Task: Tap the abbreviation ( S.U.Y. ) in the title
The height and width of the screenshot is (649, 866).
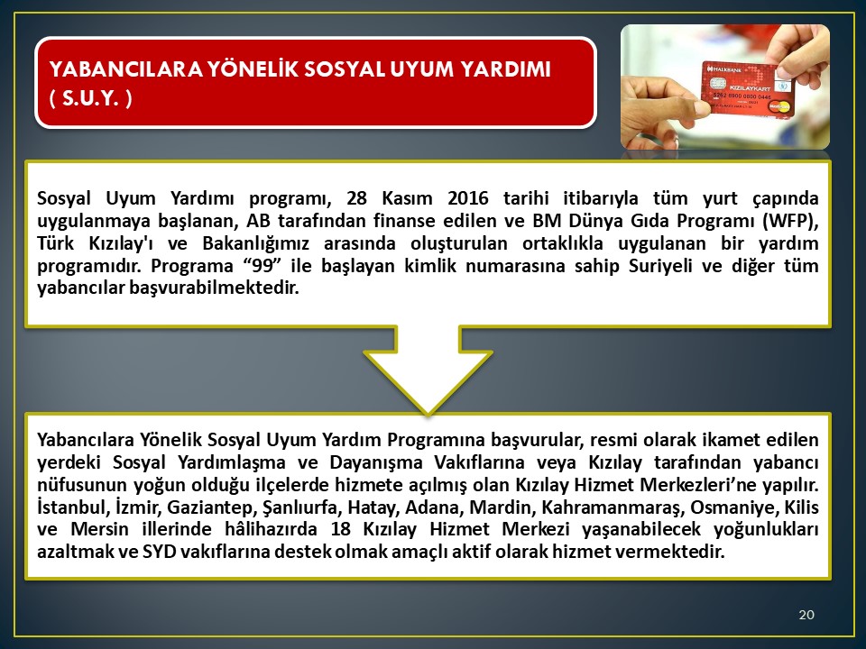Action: (90, 99)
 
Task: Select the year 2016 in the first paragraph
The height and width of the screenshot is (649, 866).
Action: (468, 198)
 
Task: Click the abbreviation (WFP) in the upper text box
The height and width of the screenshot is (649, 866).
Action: (790, 221)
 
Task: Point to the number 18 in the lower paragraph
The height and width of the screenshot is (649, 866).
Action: (341, 529)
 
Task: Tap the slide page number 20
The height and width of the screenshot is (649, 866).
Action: (806, 615)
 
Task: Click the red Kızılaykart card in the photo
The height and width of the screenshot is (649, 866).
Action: (747, 89)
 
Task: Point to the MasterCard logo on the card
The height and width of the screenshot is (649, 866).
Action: (778, 105)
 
